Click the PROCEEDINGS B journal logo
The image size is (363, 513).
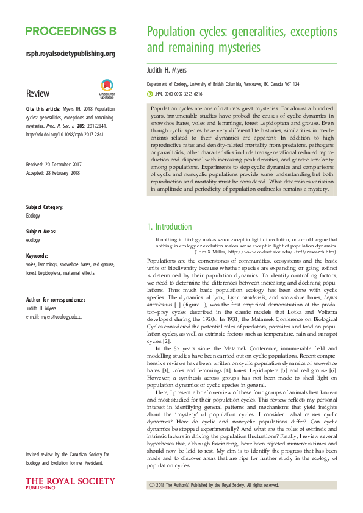tap(71, 31)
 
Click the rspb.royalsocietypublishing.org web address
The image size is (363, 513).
tap(71, 54)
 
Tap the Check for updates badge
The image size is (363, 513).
tap(107, 89)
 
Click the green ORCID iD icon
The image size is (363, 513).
tap(151, 94)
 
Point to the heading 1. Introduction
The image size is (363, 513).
tap(170, 227)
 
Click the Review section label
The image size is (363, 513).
tap(38, 93)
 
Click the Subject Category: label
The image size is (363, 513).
tap(46, 208)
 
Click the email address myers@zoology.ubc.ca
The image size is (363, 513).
tap(54, 317)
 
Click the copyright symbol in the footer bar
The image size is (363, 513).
tap(152, 485)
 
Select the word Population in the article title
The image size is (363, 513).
tap(173, 33)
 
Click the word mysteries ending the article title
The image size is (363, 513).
tap(237, 48)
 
